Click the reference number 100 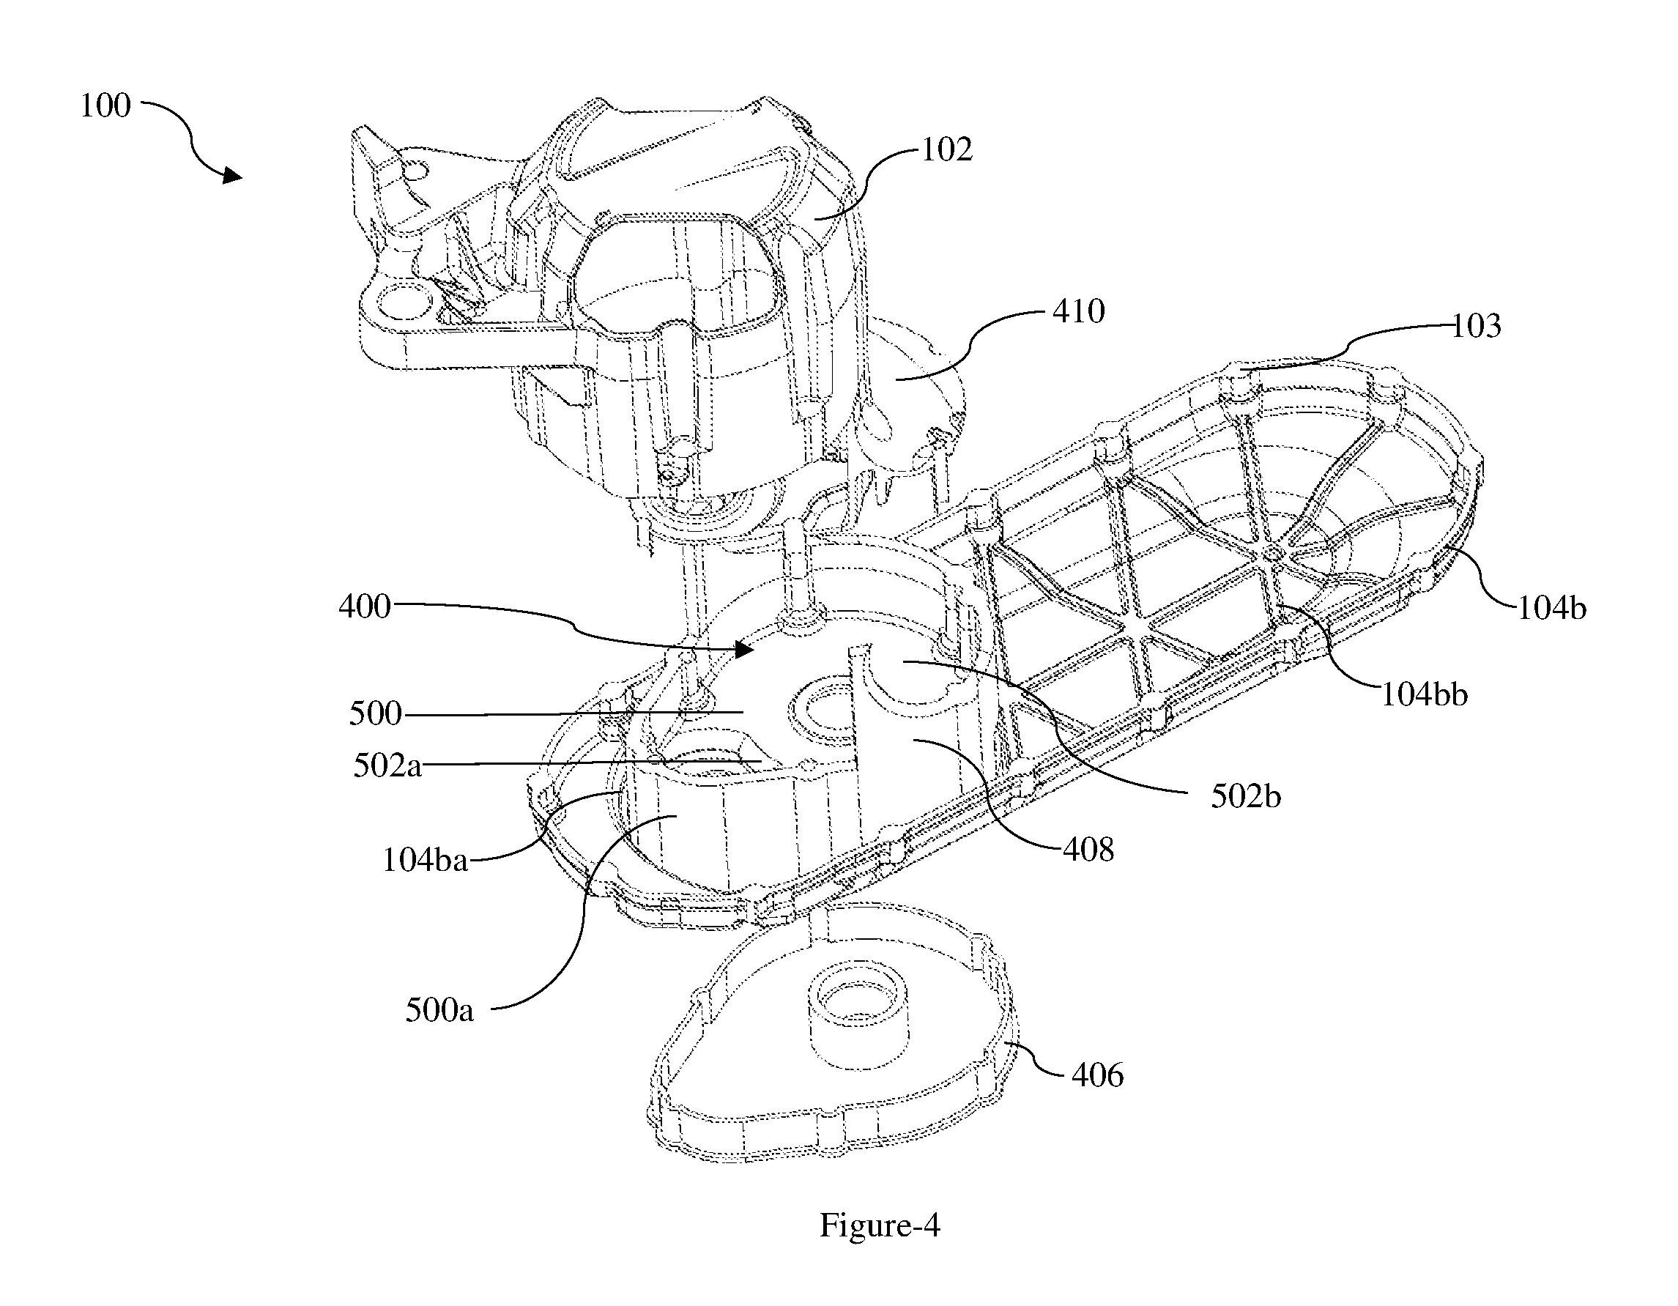click(106, 106)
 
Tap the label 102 click(946, 150)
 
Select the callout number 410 click(1079, 311)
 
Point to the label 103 click(1476, 326)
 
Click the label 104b click(1551, 608)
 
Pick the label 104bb click(1425, 694)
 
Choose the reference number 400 click(365, 607)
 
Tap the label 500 click(376, 713)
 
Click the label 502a click(387, 766)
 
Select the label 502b click(1246, 797)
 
